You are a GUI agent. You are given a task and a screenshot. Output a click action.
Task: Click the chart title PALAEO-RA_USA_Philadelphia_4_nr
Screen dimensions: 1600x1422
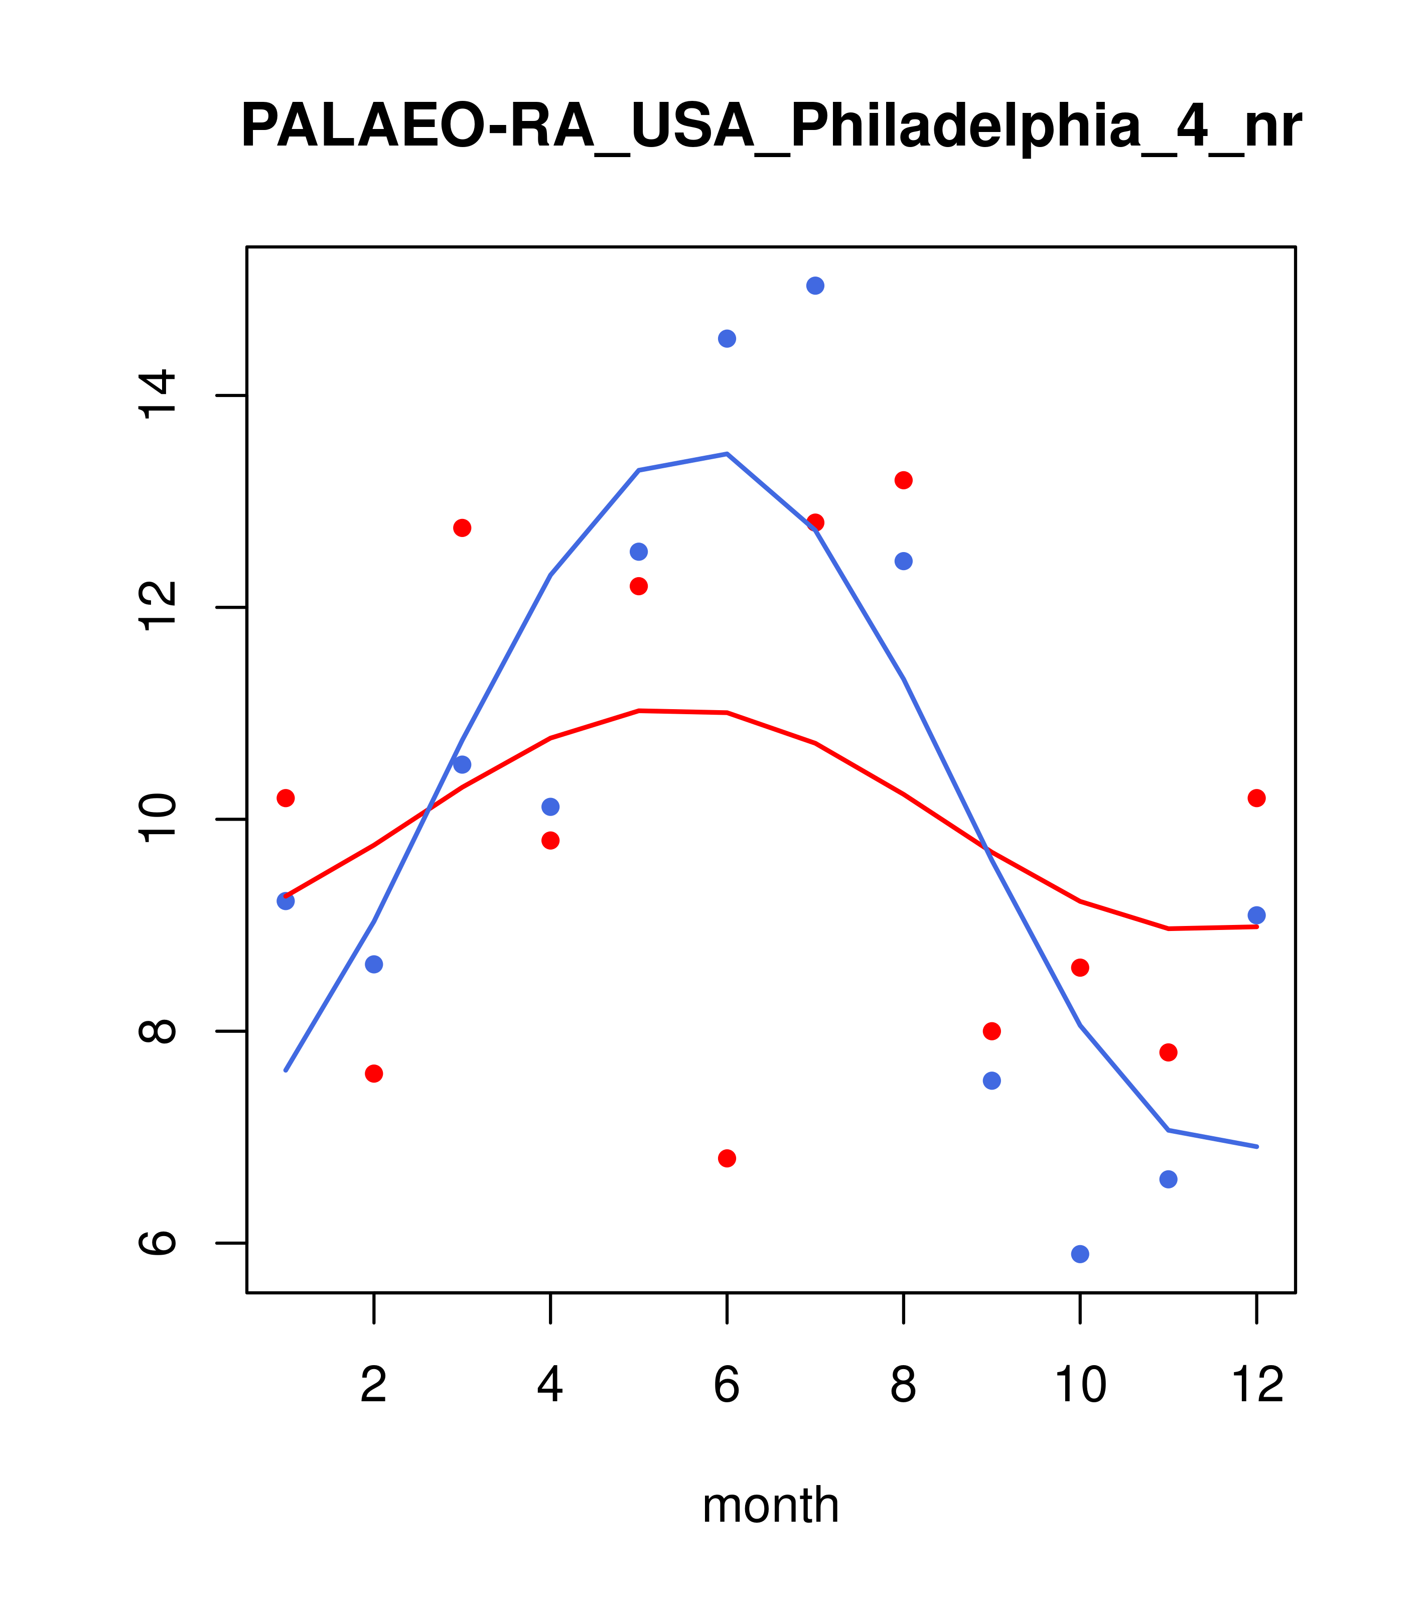(771, 127)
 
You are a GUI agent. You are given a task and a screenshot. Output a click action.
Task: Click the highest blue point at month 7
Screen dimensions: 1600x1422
(815, 286)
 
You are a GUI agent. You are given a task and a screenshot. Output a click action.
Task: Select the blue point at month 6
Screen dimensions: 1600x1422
(727, 338)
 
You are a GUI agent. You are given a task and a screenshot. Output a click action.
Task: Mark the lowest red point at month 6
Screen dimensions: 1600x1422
(727, 1158)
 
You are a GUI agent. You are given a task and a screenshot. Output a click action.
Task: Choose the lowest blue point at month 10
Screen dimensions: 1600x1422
(1080, 1254)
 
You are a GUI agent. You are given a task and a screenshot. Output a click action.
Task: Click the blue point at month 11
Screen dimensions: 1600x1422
(1169, 1179)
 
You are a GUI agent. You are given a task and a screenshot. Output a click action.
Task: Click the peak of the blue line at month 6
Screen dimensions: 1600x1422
(727, 454)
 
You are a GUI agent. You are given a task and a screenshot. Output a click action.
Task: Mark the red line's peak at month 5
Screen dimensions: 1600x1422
(639, 711)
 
